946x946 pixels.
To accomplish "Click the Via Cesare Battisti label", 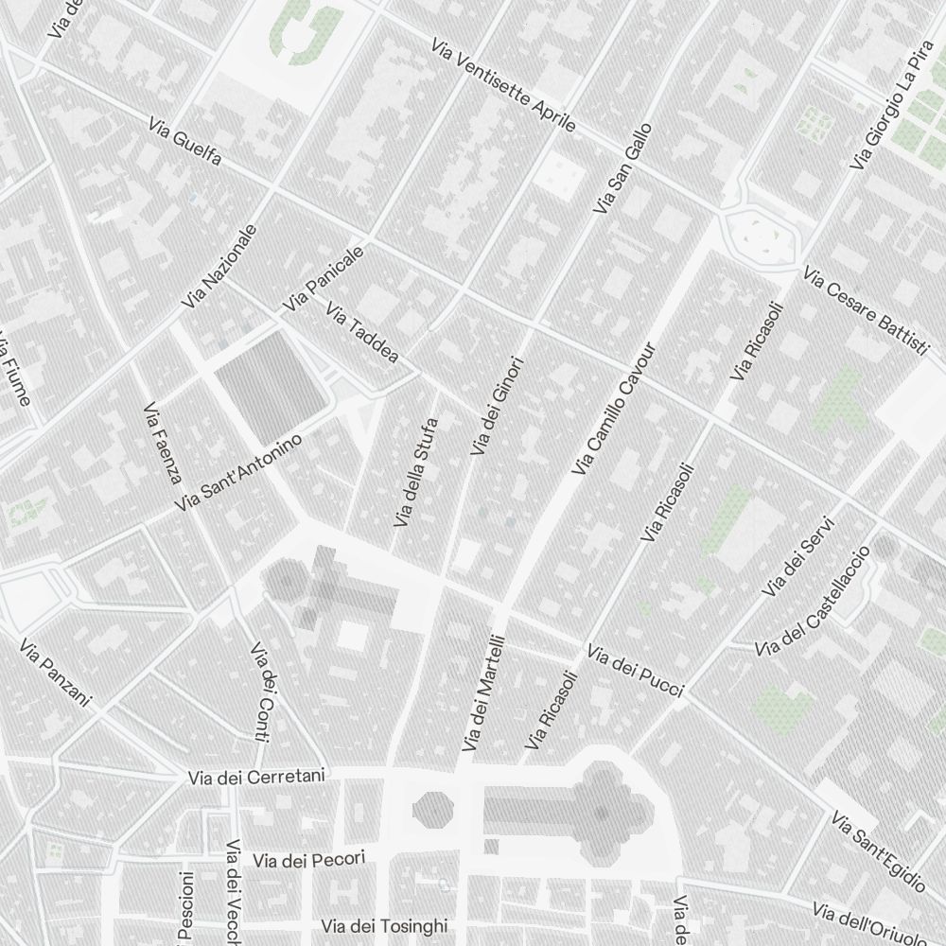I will pyautogui.click(x=865, y=311).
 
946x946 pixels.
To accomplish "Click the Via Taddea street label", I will pyautogui.click(x=361, y=335).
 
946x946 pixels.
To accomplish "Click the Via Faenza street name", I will pyautogui.click(x=162, y=442).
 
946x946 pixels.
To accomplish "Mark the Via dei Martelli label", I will pyautogui.click(x=484, y=693).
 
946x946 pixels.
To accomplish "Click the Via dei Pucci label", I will pyautogui.click(x=635, y=670).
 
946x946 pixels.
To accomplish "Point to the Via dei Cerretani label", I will pyautogui.click(x=256, y=778).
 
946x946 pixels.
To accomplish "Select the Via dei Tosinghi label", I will pyautogui.click(x=384, y=926).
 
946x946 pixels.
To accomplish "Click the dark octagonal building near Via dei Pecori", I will pyautogui.click(x=433, y=809).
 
